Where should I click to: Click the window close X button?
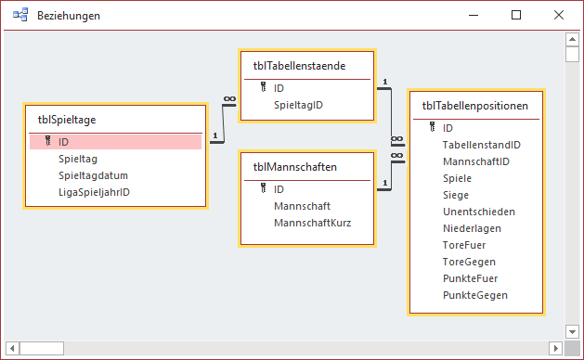point(557,16)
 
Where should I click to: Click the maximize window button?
point(516,16)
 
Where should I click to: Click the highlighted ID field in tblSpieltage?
point(63,142)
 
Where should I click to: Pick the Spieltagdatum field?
point(93,175)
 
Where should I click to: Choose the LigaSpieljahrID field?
point(94,192)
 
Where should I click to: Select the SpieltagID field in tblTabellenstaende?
point(298,105)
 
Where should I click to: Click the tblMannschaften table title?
point(294,166)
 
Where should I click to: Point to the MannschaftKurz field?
point(312,222)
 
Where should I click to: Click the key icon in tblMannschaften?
point(263,188)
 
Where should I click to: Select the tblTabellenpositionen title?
point(475,105)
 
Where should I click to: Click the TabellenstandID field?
point(481,145)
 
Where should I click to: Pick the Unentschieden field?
point(479,212)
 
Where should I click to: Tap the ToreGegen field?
point(469,262)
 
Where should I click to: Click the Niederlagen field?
point(473,228)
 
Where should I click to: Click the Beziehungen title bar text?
point(69,16)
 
